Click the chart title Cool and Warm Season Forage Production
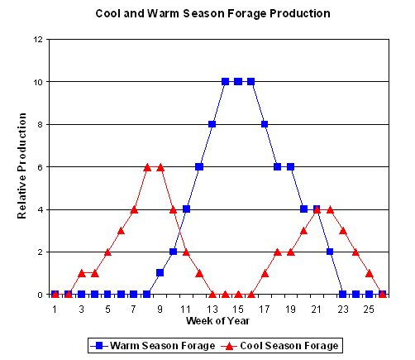click(212, 13)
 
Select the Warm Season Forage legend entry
click(153, 346)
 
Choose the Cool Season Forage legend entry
click(280, 346)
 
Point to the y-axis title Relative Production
click(22, 166)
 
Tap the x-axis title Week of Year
click(217, 321)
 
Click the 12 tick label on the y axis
click(38, 40)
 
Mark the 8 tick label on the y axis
click(41, 124)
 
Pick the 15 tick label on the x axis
click(238, 310)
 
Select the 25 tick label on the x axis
click(369, 310)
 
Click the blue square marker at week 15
click(238, 81)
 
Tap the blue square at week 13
click(212, 124)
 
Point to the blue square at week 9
click(160, 273)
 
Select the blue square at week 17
click(265, 124)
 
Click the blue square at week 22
click(330, 252)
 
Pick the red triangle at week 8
click(147, 167)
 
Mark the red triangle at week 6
click(121, 231)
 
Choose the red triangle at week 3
click(82, 273)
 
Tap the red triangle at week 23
click(343, 231)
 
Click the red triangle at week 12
click(199, 273)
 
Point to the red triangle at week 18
click(278, 252)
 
